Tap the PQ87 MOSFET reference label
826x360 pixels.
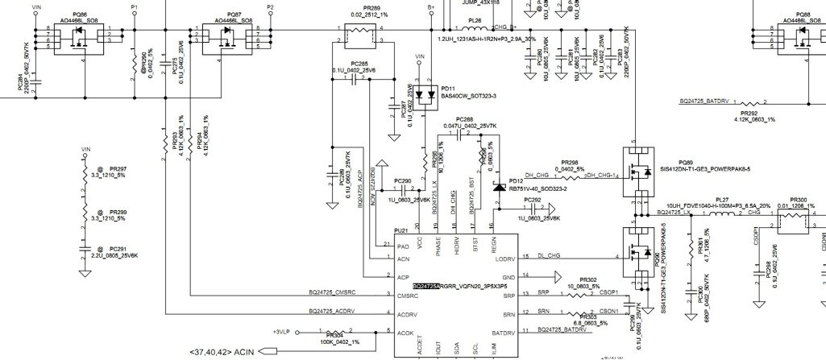(234, 14)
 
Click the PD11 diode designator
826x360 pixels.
(448, 89)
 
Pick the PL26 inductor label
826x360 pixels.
(475, 20)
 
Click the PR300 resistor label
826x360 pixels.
(799, 200)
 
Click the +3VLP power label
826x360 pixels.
(280, 331)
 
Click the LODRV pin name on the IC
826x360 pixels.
(505, 259)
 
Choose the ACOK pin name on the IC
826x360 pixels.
(405, 333)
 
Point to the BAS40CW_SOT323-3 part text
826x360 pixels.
(468, 96)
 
